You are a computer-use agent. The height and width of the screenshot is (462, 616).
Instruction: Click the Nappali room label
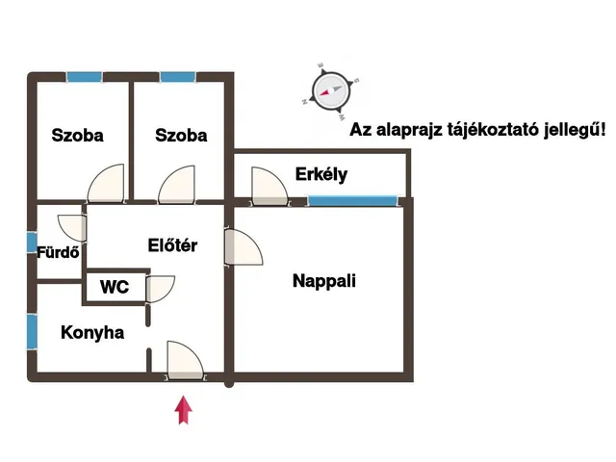click(324, 281)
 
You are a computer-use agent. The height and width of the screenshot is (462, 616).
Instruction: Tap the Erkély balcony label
click(321, 174)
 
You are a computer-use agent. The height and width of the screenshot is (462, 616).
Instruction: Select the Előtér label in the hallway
click(172, 245)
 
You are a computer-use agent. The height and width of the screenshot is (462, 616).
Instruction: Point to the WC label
click(115, 287)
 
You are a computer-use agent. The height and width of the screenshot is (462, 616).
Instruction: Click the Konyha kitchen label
click(92, 333)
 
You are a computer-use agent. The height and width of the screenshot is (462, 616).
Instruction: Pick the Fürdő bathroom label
click(58, 254)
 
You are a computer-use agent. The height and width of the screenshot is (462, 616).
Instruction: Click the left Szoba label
click(78, 135)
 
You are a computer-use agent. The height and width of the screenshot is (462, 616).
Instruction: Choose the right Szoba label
click(181, 135)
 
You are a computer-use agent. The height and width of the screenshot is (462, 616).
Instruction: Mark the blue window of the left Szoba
click(85, 76)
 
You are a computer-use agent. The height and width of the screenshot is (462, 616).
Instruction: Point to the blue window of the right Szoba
click(178, 76)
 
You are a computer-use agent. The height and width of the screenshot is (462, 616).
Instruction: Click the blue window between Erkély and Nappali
click(352, 200)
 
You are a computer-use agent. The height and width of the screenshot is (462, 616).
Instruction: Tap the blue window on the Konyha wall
click(32, 332)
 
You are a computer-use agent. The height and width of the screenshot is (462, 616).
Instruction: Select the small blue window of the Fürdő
click(32, 244)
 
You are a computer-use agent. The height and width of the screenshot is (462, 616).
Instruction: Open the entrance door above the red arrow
click(184, 360)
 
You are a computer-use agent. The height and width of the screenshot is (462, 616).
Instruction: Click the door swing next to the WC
click(160, 289)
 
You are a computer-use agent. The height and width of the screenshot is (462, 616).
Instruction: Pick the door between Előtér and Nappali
click(243, 248)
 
